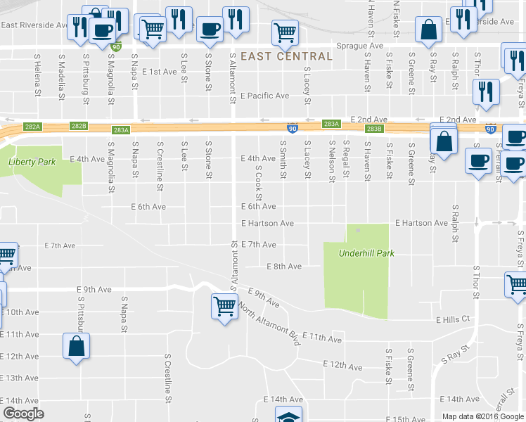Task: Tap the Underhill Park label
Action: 366,253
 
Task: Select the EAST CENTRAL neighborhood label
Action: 286,56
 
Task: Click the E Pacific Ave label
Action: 264,96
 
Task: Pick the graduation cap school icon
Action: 288,416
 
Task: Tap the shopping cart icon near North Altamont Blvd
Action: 224,306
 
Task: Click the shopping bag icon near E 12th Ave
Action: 77,346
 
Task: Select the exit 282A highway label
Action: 32,127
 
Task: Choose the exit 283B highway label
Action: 374,129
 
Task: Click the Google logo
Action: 23,414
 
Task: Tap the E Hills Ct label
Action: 453,319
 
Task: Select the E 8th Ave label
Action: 284,267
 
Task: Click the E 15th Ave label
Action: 406,419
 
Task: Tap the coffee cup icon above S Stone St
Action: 209,30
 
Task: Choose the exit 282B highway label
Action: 79,126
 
